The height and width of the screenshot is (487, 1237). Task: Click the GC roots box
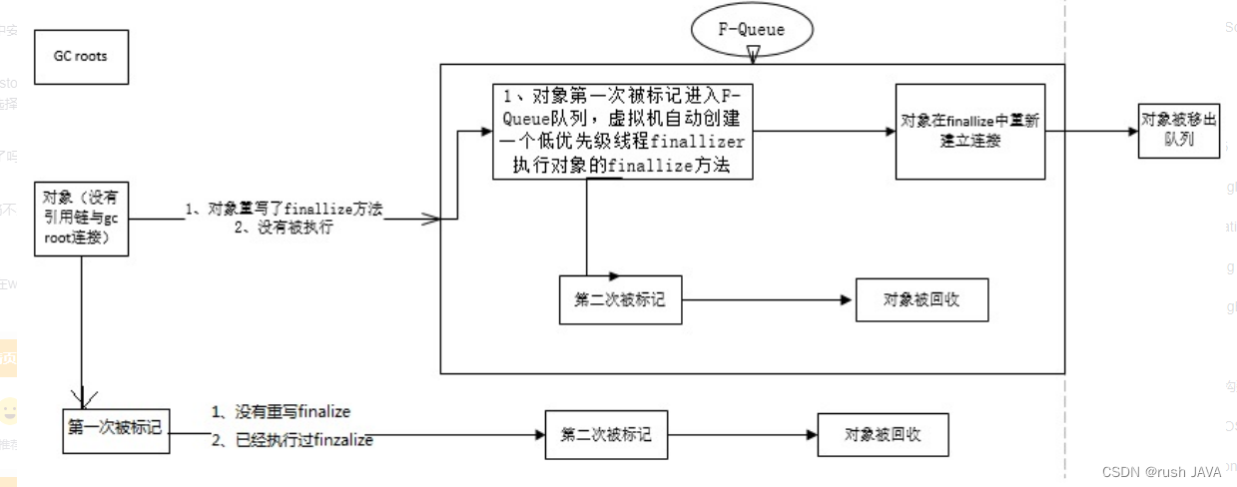point(80,56)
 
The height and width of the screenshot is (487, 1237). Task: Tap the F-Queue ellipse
point(752,29)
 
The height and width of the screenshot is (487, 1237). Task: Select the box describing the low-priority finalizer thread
point(623,131)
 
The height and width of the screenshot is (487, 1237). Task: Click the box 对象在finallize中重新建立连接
point(969,131)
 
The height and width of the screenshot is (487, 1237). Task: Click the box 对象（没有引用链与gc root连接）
point(81,219)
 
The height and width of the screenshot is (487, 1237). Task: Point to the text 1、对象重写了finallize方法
point(285,210)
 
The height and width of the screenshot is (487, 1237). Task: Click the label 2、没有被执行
point(284,228)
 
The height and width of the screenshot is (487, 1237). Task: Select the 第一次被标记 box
point(114,427)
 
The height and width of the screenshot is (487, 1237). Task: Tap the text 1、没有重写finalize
point(281,411)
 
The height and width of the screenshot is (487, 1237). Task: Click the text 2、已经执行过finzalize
point(292,439)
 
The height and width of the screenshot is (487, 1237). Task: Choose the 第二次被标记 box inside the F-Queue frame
point(620,299)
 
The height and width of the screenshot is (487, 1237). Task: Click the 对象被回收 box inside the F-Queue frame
point(922,299)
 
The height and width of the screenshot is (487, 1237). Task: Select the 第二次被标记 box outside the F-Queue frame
point(606,434)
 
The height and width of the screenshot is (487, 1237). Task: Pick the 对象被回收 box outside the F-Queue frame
point(882,434)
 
